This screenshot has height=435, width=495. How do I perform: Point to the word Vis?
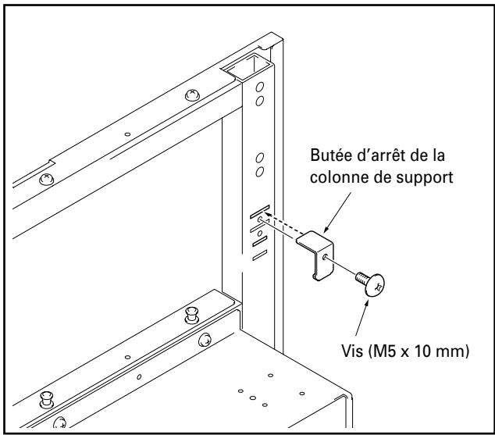click(343, 351)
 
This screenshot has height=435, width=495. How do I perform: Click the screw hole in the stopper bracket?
click(323, 254)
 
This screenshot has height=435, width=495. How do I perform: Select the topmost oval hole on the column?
click(261, 86)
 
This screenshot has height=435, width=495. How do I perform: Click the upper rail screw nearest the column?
click(192, 94)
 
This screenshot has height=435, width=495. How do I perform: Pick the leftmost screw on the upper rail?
click(47, 179)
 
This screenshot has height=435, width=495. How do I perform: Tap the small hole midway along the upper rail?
click(127, 134)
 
